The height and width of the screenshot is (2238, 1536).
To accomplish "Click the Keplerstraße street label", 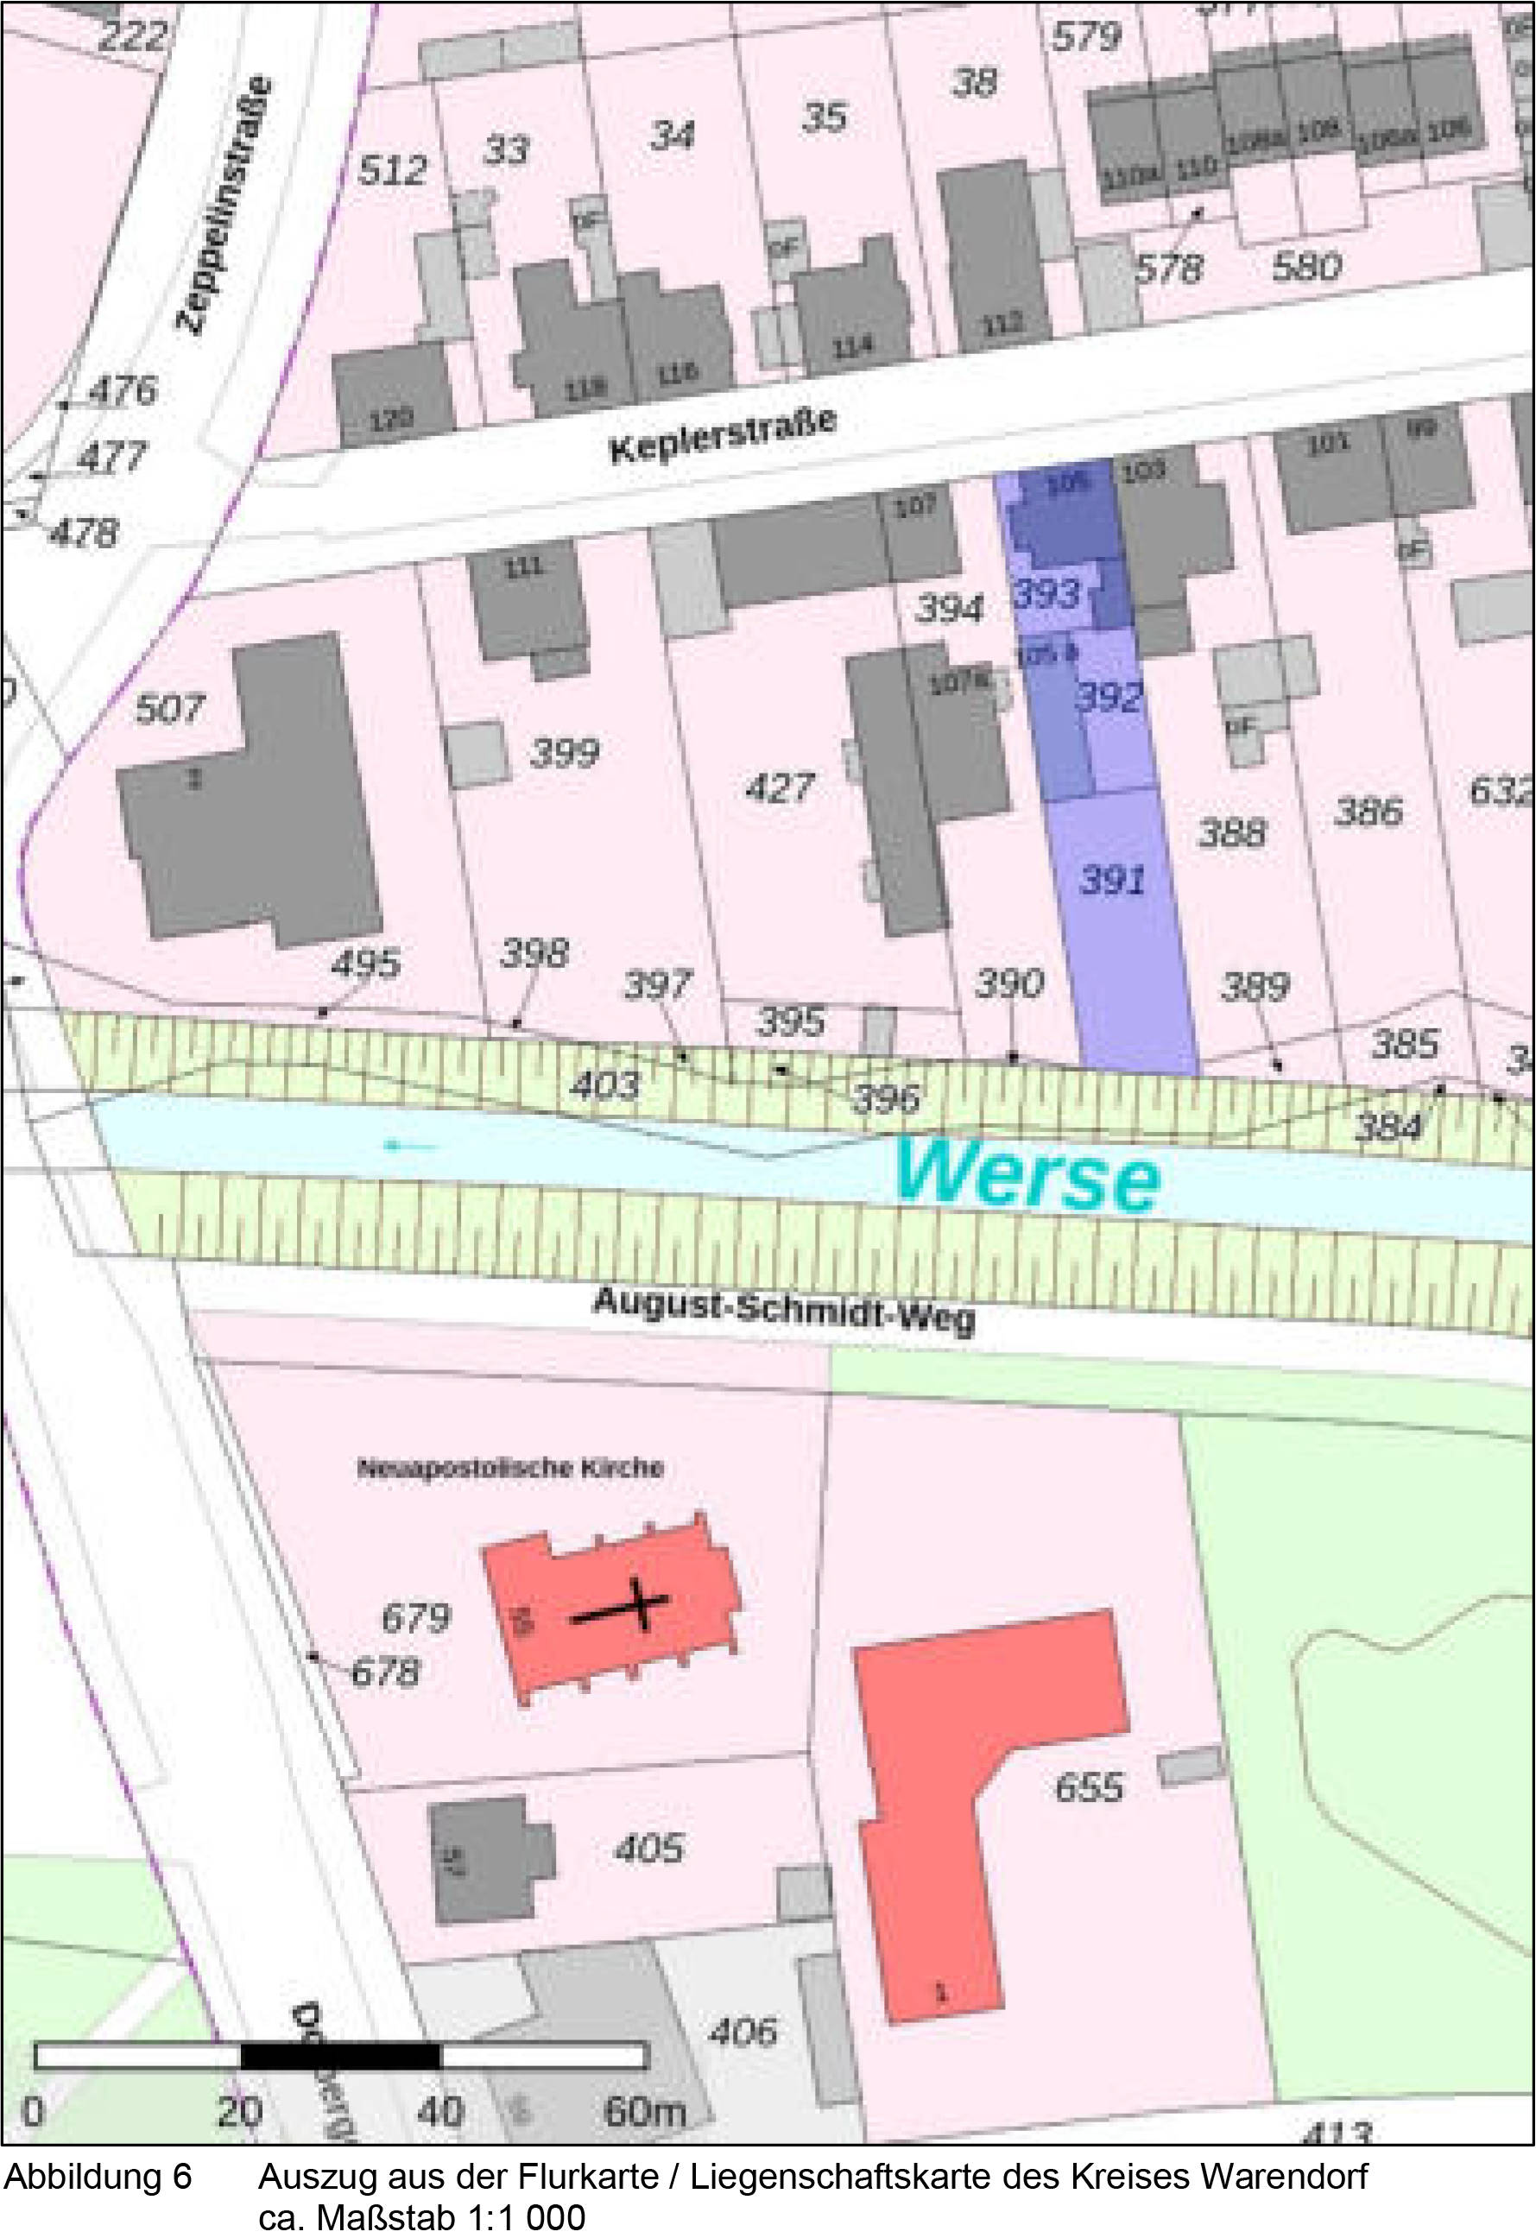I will tap(723, 434).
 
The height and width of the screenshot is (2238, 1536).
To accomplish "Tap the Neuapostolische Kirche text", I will tap(510, 1469).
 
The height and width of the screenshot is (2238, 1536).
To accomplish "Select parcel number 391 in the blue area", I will tap(1113, 879).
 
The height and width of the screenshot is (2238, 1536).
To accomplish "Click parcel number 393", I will tap(1046, 594).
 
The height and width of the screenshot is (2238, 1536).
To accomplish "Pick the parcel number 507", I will tap(169, 710).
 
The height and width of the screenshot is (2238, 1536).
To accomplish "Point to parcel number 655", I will tap(1088, 1787).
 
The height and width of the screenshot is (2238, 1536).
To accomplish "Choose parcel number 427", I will tap(780, 787).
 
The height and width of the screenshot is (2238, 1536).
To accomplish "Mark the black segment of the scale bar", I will tap(340, 2057).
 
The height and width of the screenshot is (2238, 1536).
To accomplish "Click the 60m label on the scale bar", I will tap(644, 2112).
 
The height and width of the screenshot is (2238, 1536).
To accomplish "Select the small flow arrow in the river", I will tap(409, 1146).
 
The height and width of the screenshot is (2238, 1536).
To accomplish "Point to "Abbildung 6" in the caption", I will tap(98, 2177).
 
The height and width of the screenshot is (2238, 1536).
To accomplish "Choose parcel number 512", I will tap(393, 170).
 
